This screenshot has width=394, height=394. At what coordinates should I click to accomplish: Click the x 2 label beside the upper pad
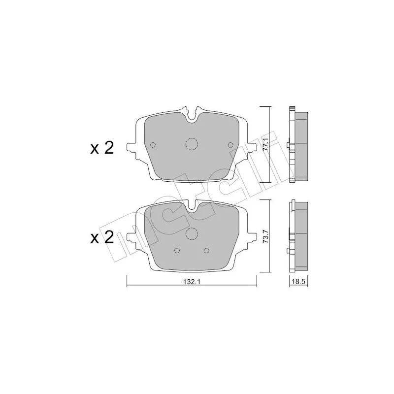tap(102, 148)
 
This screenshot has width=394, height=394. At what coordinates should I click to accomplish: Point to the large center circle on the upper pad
tap(191, 143)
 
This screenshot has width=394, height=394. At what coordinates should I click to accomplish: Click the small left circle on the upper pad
tap(152, 144)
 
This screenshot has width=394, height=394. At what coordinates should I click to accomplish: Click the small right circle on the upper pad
tap(231, 144)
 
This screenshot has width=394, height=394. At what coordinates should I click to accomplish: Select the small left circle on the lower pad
tap(177, 250)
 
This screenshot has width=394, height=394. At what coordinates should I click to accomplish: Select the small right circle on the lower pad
tap(206, 250)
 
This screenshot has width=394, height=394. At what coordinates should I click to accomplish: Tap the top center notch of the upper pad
tap(192, 117)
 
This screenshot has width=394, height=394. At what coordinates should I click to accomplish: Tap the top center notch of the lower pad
tap(192, 208)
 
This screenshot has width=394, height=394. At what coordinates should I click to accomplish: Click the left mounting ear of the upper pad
tap(131, 147)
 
